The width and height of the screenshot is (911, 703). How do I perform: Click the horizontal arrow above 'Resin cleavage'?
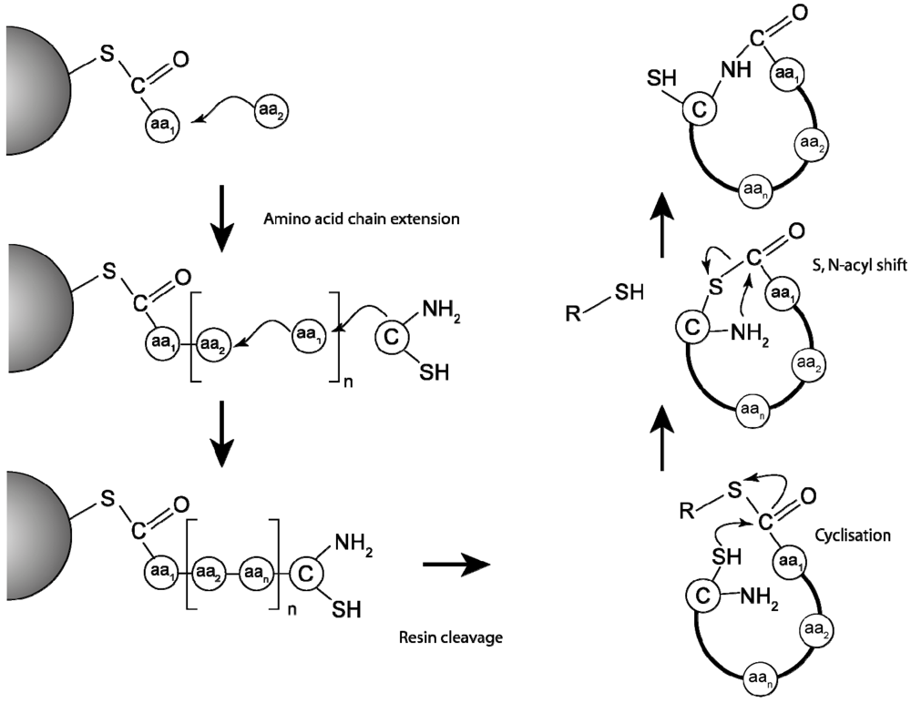(456, 565)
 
